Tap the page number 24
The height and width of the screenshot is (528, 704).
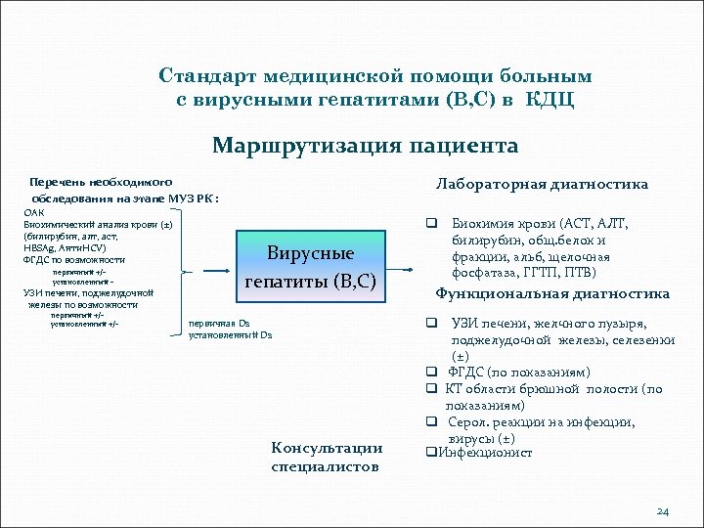point(663,510)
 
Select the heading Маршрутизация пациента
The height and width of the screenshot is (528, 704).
point(365,146)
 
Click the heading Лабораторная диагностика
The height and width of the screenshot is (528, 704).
point(541,183)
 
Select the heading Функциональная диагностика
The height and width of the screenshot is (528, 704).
point(552,293)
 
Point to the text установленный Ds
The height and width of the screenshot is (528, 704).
point(231,334)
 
